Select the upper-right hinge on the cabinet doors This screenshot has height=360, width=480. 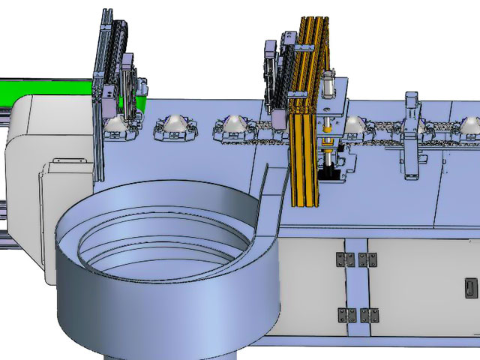367,259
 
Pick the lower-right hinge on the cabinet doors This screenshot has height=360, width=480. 367,313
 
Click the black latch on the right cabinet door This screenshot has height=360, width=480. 470,287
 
